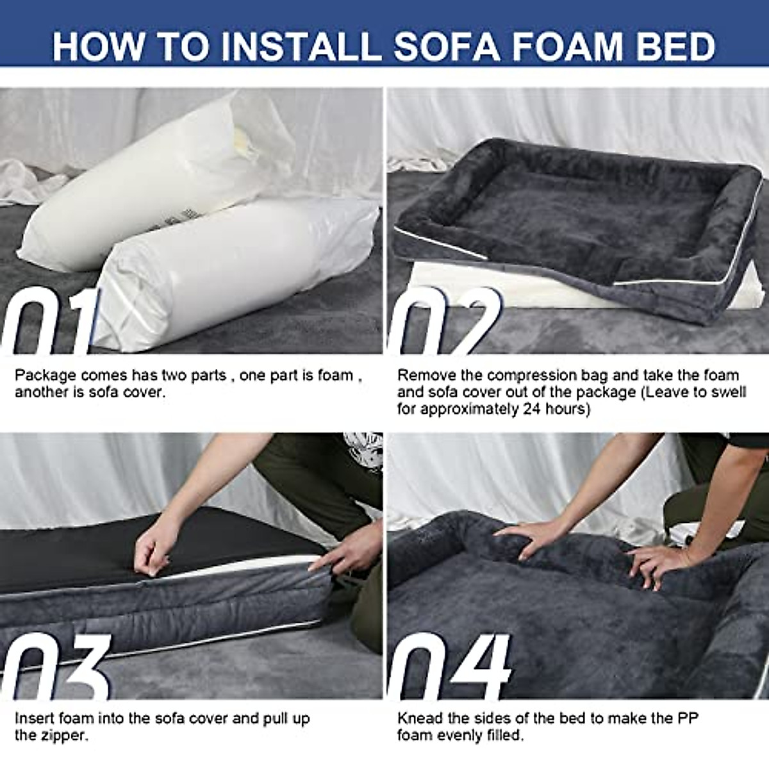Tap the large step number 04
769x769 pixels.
pos(449,666)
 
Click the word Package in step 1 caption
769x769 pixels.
pos(45,376)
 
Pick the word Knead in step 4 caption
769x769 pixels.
pos(419,718)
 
